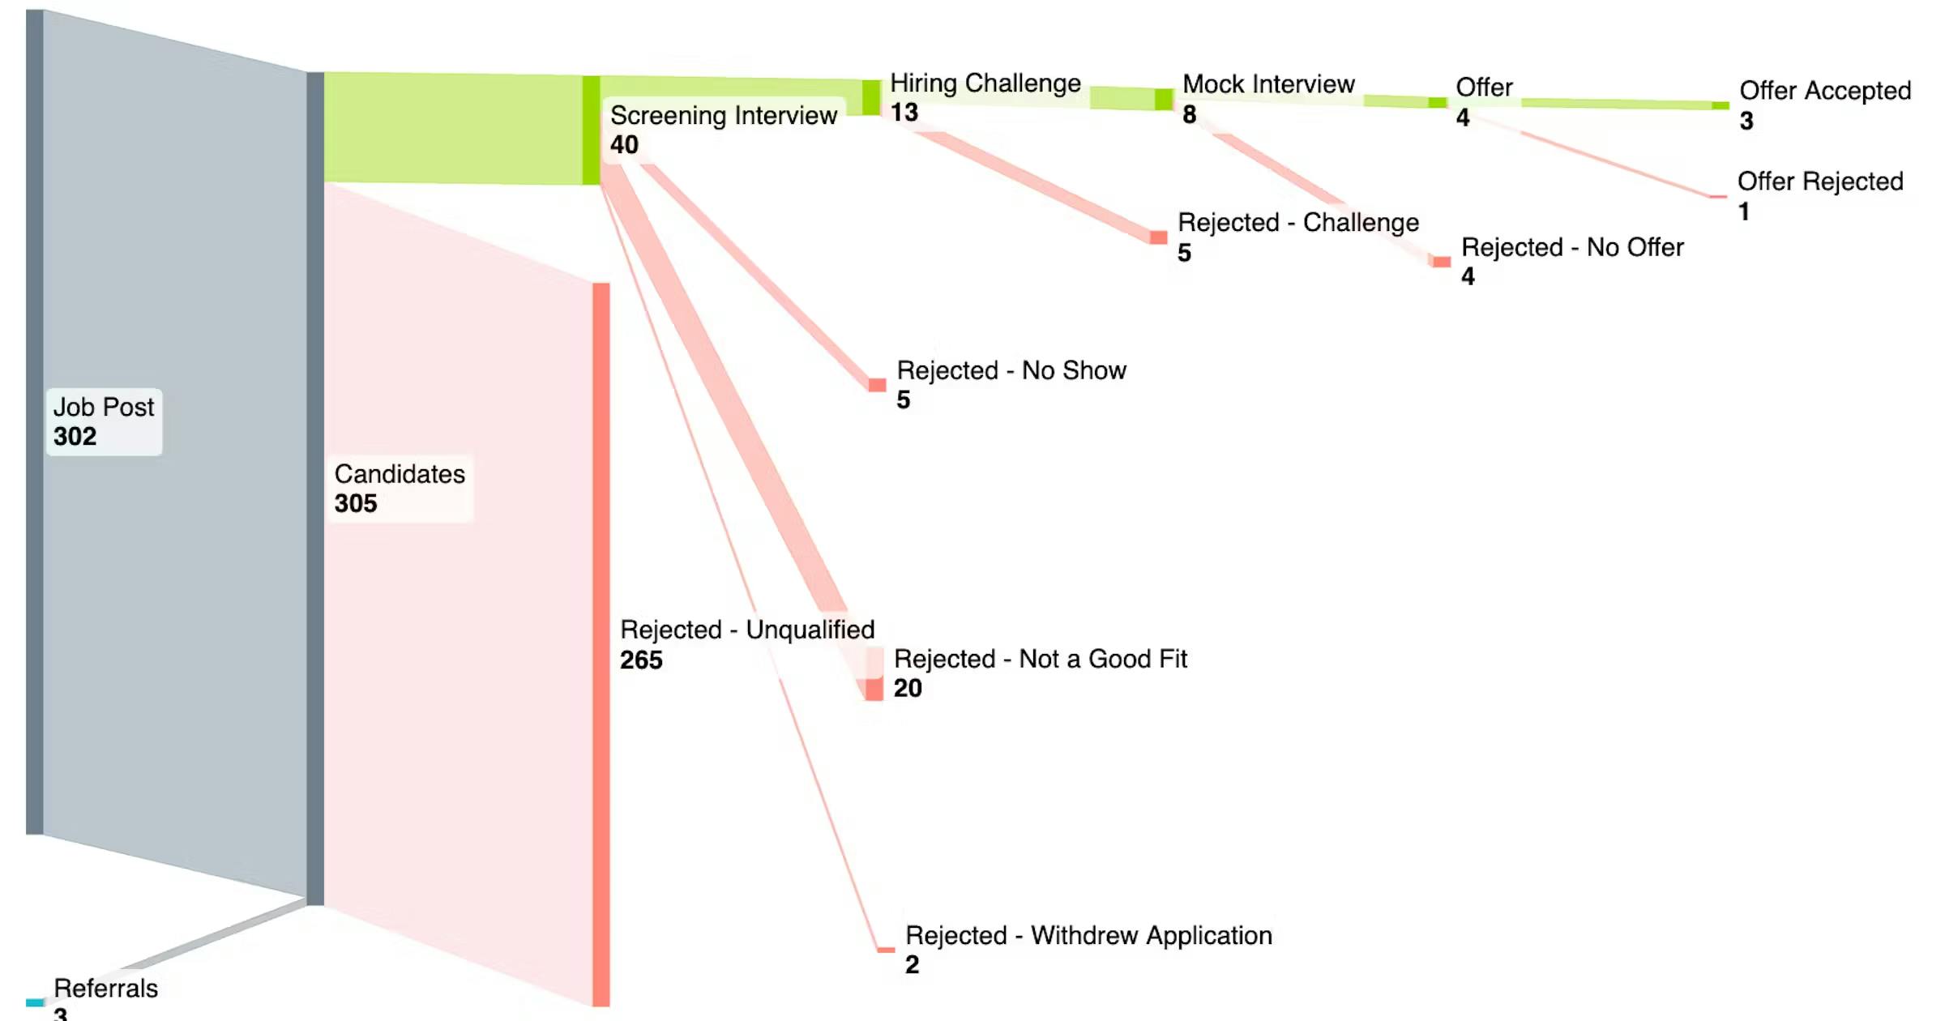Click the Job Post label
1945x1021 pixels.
click(103, 407)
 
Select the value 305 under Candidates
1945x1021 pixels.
click(356, 503)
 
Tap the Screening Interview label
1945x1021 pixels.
click(723, 116)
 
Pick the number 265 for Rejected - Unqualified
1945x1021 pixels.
click(641, 660)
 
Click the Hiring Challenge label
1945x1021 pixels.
click(985, 83)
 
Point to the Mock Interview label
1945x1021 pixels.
click(1268, 84)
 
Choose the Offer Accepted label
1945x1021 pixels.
click(1825, 91)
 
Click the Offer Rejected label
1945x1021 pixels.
click(1820, 182)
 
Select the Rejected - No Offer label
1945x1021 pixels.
click(1572, 247)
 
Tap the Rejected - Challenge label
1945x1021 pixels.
click(1298, 223)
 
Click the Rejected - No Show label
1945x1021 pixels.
click(1011, 370)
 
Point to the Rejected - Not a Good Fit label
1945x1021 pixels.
click(1040, 659)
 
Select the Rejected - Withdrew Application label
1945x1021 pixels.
click(1088, 936)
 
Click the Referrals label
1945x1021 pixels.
click(105, 989)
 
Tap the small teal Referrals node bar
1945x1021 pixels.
click(35, 1003)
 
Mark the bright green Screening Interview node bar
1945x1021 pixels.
click(591, 130)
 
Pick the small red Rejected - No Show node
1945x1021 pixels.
click(877, 385)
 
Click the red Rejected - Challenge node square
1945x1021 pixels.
click(1159, 237)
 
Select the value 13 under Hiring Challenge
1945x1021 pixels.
click(904, 113)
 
